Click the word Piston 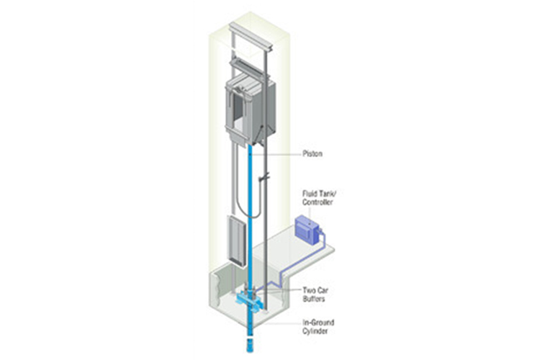313,153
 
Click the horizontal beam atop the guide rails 253,32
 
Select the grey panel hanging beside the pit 233,239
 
